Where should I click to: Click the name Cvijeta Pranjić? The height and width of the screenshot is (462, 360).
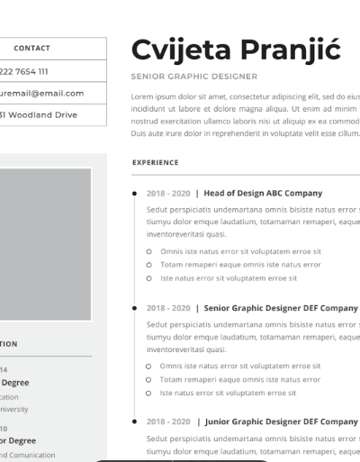pos(236,50)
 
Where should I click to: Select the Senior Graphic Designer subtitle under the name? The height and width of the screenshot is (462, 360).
pos(193,77)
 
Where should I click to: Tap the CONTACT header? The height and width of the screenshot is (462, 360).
pos(32,49)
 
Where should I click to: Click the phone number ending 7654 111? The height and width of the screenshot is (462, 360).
pos(24,71)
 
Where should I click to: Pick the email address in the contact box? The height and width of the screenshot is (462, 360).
pos(42,93)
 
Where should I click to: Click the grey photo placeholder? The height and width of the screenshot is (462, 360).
pos(45,243)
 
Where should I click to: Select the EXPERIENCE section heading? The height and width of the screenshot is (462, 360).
pos(155,163)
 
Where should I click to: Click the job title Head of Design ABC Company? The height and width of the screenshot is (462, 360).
pos(263,193)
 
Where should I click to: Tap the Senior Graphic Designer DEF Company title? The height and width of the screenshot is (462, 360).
pos(281,308)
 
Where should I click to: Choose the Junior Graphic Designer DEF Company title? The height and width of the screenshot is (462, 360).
pos(281,421)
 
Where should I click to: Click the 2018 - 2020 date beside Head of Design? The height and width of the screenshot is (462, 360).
pos(168,193)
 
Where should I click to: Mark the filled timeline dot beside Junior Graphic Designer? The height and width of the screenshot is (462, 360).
pos(134,421)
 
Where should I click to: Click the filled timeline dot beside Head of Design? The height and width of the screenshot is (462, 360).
pos(134,193)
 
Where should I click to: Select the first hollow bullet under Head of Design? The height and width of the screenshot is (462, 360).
pos(149,252)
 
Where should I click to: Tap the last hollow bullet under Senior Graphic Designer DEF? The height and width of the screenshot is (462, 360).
pos(149,393)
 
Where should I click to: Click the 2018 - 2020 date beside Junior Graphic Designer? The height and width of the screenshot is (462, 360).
pos(168,421)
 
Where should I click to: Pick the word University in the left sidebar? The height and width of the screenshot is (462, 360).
pos(13,409)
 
